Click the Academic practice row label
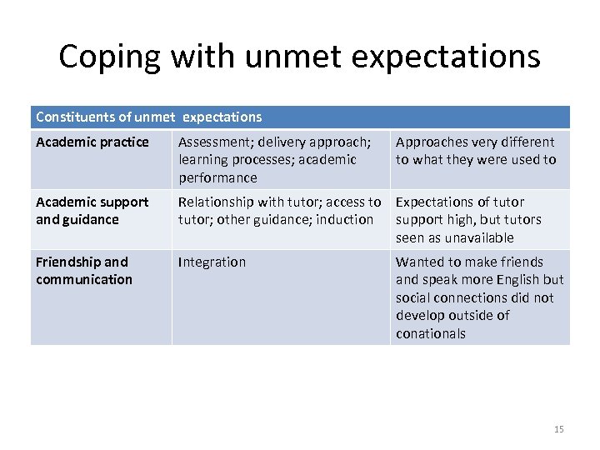tap(92, 142)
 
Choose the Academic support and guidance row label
tap(92, 211)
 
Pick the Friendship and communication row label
tap(83, 271)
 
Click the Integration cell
tap(212, 262)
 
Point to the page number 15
tap(558, 429)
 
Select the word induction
tap(346, 220)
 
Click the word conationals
tap(431, 334)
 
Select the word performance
tap(217, 178)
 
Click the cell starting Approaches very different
tap(475, 151)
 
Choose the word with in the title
tap(206, 57)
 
